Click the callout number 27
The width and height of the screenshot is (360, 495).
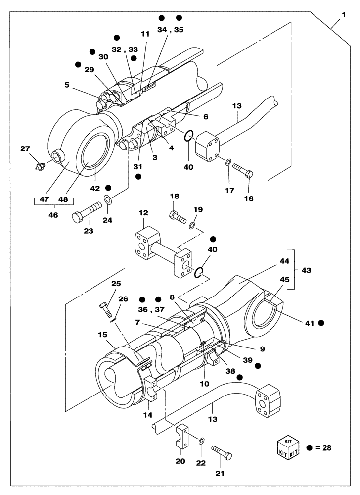pyautogui.click(x=25, y=148)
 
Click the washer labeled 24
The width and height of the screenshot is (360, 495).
pyautogui.click(x=107, y=200)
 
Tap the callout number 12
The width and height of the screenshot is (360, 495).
pyautogui.click(x=143, y=213)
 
